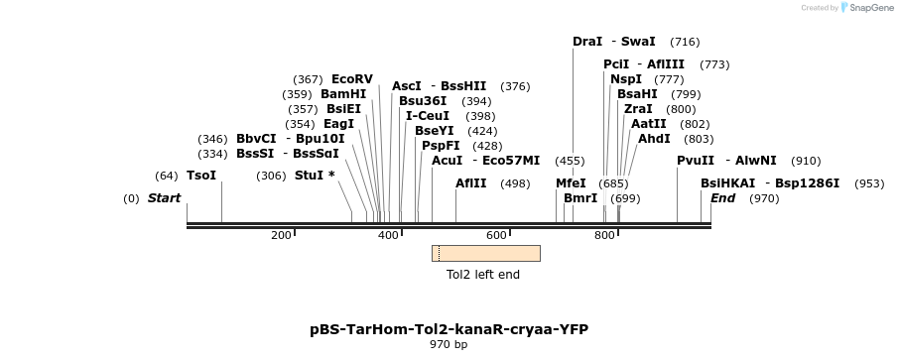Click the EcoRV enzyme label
352,79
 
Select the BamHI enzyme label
343,94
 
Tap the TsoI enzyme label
201,176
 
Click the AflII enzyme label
471,183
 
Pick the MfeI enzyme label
571,183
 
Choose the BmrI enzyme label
580,198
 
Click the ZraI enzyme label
638,109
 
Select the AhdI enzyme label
654,139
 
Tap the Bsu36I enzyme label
424,101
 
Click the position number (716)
685,42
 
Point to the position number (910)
806,161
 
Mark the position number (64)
167,176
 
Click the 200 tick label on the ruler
281,235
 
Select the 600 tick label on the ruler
496,235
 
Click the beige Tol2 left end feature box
486,253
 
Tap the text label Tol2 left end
483,275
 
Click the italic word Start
165,198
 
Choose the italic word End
722,198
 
